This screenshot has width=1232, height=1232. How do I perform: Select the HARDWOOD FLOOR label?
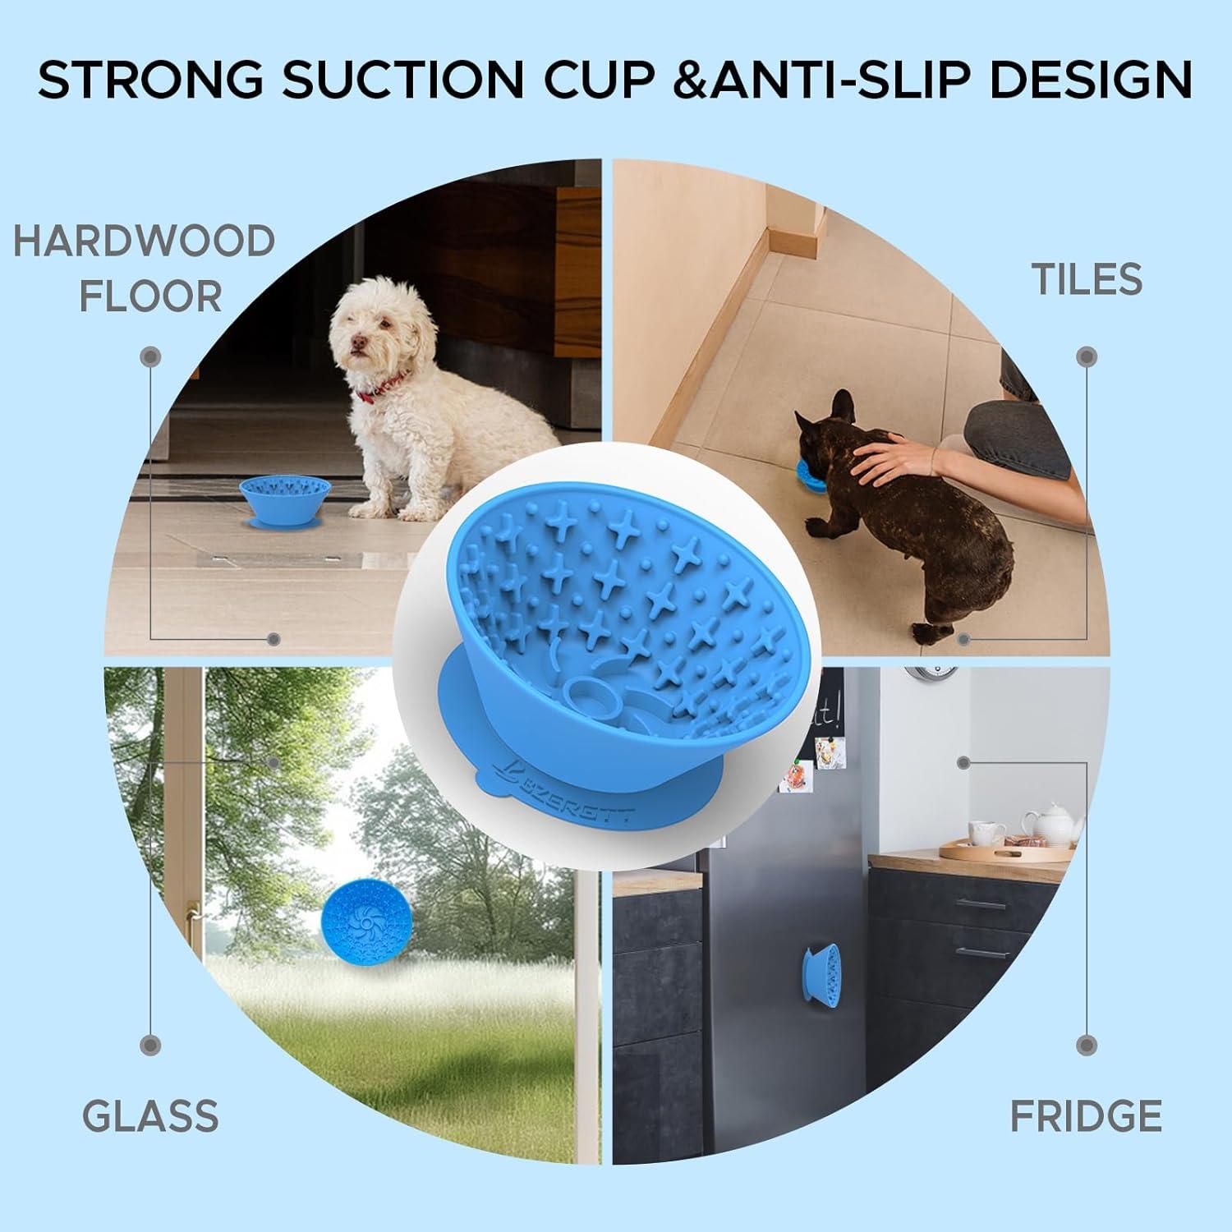145,268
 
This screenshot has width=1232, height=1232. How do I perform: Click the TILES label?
1087,279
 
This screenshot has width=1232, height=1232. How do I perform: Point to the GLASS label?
151,1116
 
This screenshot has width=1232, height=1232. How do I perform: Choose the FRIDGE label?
1086,1116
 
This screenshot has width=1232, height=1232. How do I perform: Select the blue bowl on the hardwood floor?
284,500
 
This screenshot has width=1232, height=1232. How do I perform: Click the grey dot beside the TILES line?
1087,356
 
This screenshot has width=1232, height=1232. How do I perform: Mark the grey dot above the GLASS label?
150,1045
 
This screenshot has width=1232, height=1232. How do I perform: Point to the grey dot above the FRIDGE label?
1087,1045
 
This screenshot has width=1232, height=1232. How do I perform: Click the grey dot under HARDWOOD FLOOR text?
150,356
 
